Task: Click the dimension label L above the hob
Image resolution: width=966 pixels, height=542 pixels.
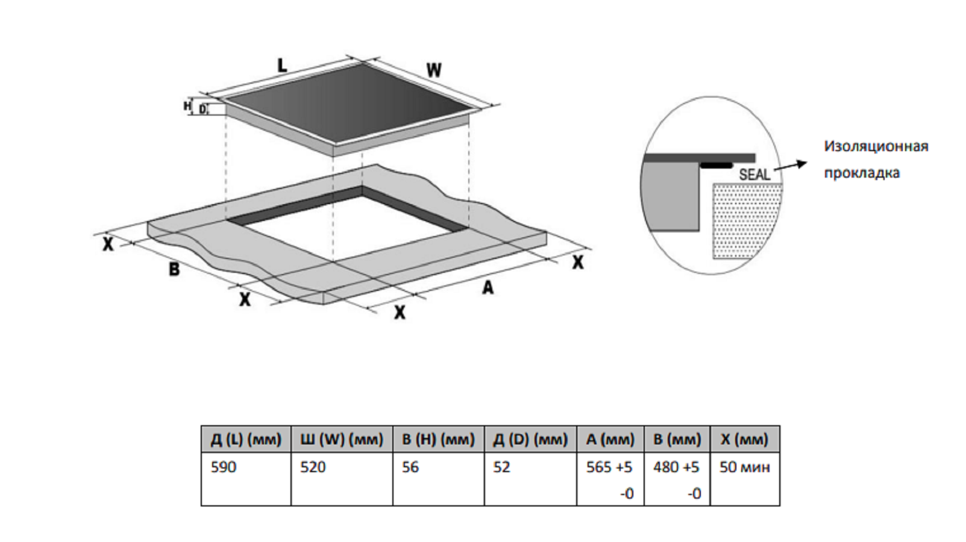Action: [x=281, y=65]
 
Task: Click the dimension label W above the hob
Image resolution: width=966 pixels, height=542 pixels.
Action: [x=434, y=70]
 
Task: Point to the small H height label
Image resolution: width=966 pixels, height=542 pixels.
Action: [x=187, y=106]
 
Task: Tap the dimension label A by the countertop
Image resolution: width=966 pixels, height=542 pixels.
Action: [x=488, y=288]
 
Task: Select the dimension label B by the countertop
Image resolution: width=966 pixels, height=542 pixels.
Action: [x=174, y=269]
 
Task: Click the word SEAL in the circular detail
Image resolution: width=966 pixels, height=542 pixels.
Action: [x=754, y=175]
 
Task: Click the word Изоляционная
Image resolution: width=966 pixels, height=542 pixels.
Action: [x=876, y=146]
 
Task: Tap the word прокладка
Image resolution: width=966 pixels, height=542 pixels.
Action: [x=862, y=173]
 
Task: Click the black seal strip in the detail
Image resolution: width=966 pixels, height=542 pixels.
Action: [x=716, y=164]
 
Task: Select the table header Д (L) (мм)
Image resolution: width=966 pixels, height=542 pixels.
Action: [x=246, y=440]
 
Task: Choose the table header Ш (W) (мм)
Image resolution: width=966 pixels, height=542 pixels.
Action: [x=342, y=440]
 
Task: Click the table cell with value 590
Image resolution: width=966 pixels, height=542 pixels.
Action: [x=224, y=467]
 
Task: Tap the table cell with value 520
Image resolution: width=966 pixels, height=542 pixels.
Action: [x=313, y=467]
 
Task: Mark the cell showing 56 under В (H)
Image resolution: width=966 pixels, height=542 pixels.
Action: [x=410, y=467]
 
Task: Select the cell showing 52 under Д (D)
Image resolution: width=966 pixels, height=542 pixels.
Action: [x=501, y=467]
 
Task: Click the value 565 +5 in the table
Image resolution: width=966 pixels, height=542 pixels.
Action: [x=609, y=467]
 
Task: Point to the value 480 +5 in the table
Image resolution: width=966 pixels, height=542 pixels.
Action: [x=676, y=467]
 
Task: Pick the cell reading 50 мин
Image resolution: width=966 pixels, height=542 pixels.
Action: [x=745, y=467]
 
